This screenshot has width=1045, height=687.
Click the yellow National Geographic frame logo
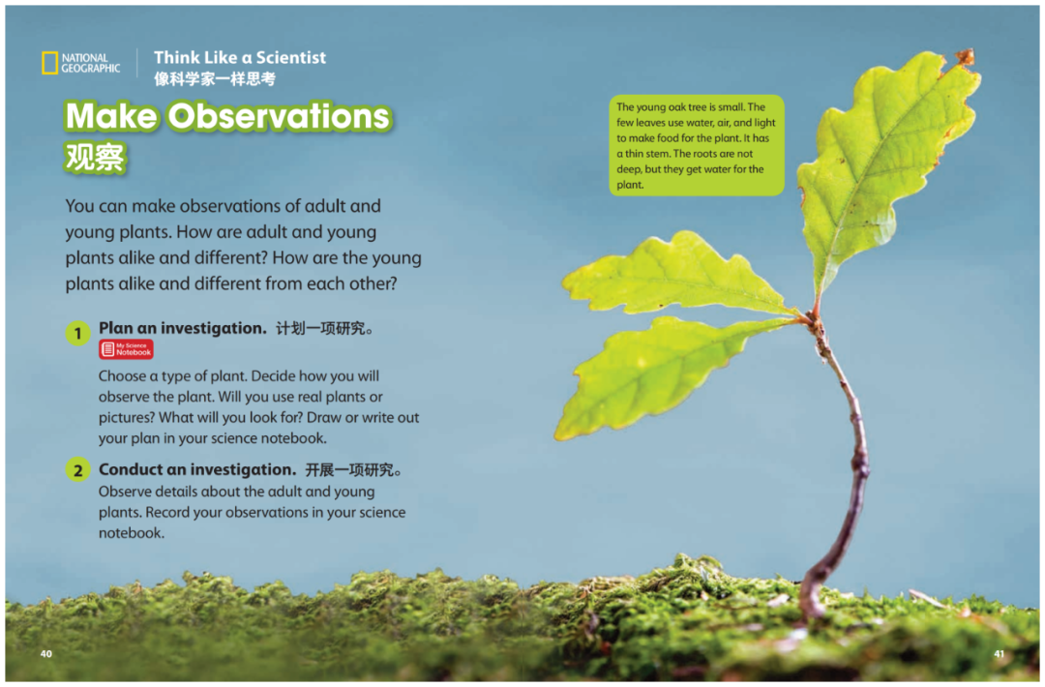pos(50,63)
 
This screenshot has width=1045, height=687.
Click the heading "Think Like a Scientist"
pos(240,57)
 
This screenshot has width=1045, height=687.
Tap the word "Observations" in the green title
pos(279,116)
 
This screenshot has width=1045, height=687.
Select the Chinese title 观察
pos(95,158)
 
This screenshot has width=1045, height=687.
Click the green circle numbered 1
pos(78,333)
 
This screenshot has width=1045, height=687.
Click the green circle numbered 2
pos(78,469)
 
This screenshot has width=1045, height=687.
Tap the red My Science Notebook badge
pos(126,349)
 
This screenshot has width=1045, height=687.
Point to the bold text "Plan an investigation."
pos(183,328)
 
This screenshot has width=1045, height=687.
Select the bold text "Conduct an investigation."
pos(197,469)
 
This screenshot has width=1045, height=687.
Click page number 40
pos(46,654)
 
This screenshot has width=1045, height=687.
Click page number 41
pos(999,654)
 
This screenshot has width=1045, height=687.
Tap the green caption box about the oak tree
pos(697,145)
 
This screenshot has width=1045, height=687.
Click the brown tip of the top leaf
pos(965,57)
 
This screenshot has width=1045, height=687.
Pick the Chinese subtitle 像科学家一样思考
pos(215,79)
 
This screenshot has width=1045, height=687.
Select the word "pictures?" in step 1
pos(126,418)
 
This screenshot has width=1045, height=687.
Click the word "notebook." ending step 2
pos(132,533)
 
